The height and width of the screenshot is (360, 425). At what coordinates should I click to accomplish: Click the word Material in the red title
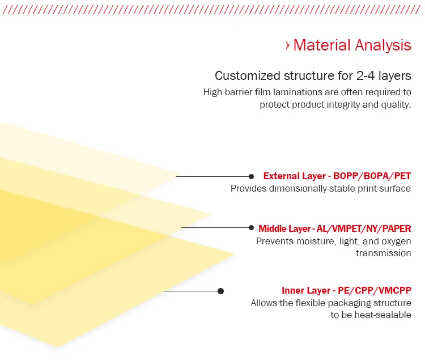coord(322,45)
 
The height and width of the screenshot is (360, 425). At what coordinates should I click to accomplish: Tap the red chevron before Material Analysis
coord(287,45)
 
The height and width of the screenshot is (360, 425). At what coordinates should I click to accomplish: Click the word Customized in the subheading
coord(248,75)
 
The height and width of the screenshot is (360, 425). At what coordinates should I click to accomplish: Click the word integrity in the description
coord(343,105)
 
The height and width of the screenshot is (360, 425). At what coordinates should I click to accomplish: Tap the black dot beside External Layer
coord(251,176)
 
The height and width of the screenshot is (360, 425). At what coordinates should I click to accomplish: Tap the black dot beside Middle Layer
coord(251,227)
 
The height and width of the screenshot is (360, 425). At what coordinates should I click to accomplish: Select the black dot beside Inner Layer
coord(220,291)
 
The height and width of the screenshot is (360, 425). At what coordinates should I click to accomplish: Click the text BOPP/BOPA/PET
coord(372,176)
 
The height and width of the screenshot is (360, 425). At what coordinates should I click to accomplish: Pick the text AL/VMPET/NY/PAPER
coord(364,229)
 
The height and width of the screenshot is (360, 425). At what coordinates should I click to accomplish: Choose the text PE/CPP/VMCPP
coord(375,291)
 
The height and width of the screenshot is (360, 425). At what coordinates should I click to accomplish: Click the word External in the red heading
coord(281,176)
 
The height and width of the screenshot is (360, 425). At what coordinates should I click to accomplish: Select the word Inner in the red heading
coord(292,291)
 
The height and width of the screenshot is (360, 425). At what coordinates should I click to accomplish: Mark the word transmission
coord(384,253)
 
